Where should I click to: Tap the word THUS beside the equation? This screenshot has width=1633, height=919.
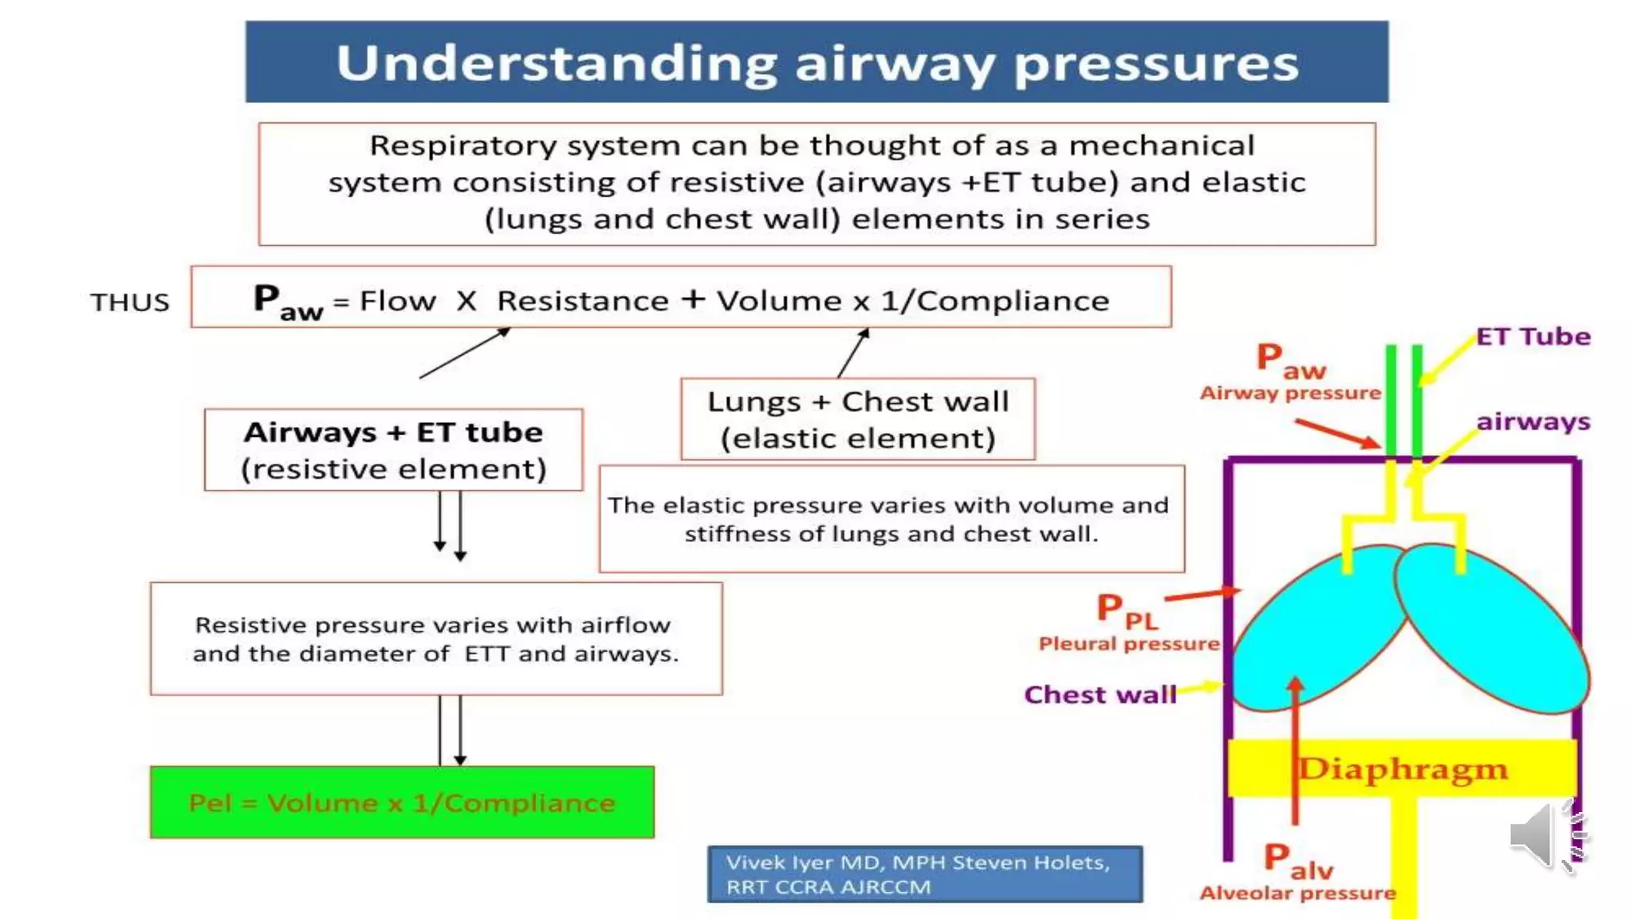click(130, 302)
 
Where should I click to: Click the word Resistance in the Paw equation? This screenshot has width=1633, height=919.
click(582, 301)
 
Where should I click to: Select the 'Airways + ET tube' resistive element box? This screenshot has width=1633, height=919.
click(393, 450)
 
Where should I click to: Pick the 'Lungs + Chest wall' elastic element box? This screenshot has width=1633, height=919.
click(858, 420)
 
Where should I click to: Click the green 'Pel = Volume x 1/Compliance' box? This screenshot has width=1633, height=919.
click(402, 803)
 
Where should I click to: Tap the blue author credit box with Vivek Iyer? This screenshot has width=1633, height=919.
click(924, 874)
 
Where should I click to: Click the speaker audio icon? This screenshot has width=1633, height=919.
click(1544, 836)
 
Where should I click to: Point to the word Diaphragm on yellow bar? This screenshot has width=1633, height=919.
click(1403, 769)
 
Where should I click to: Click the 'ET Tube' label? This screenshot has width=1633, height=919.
click(1533, 337)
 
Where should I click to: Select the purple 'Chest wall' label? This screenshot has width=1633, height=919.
click(1100, 695)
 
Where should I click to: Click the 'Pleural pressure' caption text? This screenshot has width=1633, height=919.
click(1128, 644)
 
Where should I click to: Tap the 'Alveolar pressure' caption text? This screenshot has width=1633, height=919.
click(1297, 893)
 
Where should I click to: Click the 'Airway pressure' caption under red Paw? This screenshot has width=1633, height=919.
click(1289, 393)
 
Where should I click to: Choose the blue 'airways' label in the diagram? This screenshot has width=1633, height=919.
click(1533, 421)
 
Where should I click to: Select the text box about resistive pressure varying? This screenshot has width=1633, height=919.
click(436, 639)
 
